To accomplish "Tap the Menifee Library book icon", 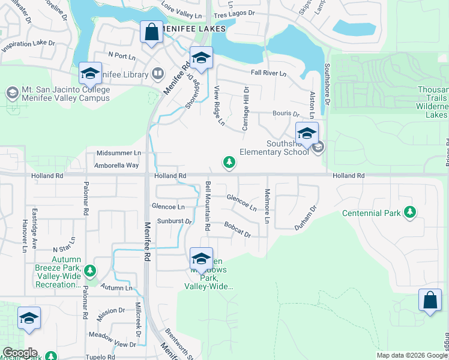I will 158,74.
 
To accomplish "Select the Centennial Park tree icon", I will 410,212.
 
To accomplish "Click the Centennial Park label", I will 371,213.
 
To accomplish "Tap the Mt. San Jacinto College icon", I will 12,93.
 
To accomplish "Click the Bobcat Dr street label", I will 238,230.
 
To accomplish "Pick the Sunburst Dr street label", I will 174,221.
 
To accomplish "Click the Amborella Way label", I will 116,165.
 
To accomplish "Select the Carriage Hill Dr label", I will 246,108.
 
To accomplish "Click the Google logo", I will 20,353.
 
